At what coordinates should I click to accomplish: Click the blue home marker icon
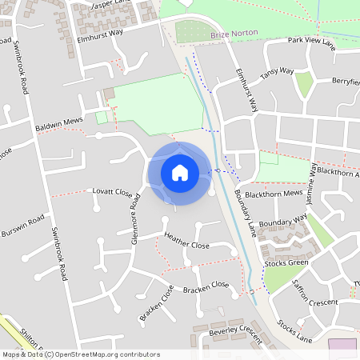[180, 172]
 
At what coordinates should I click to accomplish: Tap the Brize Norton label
[230, 36]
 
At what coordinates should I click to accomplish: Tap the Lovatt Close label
[112, 192]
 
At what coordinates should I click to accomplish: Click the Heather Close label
[186, 240]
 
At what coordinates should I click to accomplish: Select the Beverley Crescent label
[234, 332]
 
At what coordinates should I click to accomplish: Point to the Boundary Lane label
[246, 211]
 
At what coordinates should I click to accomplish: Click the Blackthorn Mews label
[273, 194]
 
